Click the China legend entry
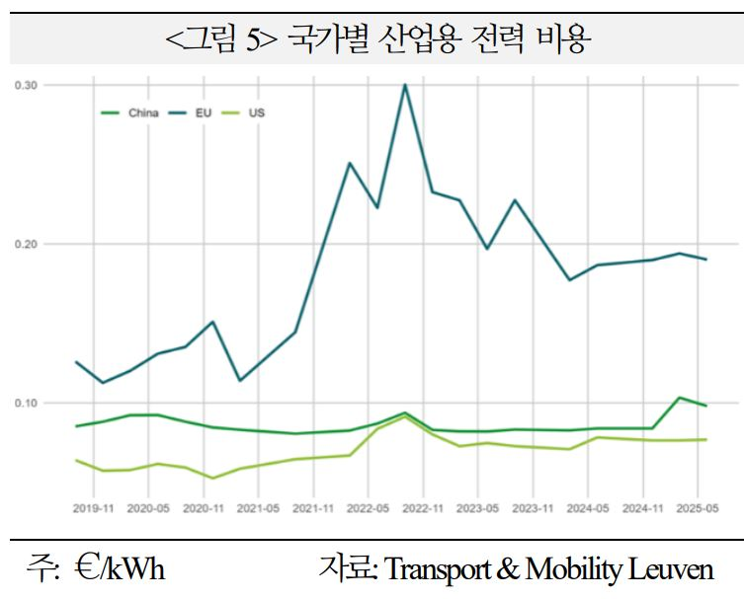[135, 112]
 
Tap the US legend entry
[256, 112]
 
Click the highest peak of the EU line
[404, 85]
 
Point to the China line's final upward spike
[679, 398]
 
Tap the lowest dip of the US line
[212, 478]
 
